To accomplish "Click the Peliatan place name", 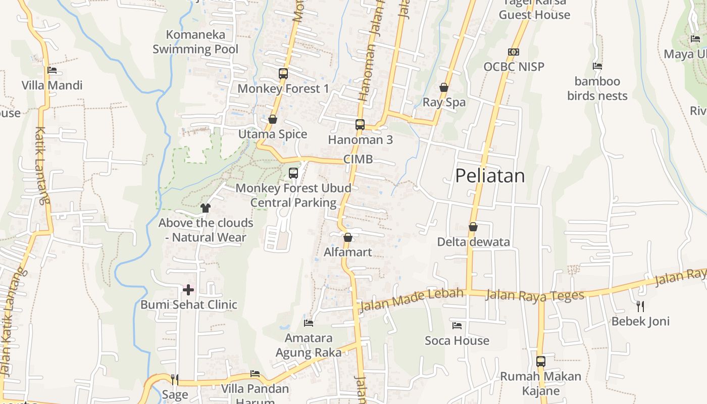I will click(x=490, y=176).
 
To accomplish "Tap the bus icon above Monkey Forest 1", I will click(x=283, y=74).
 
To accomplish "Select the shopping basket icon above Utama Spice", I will click(x=273, y=119).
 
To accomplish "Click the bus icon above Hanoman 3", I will click(x=360, y=125).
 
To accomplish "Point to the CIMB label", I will click(x=358, y=160).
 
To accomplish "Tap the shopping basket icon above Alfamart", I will click(x=348, y=237).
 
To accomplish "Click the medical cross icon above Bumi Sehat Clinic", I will click(x=188, y=290).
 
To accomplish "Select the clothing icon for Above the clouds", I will click(x=205, y=208).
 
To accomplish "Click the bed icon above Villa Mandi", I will click(x=52, y=71).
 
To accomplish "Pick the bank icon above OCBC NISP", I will click(x=514, y=52).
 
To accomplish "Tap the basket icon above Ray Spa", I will click(x=444, y=88).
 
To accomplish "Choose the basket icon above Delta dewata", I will click(x=473, y=227).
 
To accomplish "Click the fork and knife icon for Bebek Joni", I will click(x=640, y=306).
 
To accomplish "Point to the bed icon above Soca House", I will click(x=457, y=326).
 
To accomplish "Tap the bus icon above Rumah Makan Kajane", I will click(x=541, y=362).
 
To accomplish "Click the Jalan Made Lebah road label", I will click(x=410, y=300).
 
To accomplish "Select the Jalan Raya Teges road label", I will click(x=535, y=295).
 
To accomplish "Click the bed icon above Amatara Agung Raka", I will click(x=309, y=323).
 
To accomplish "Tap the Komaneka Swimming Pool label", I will click(x=195, y=42).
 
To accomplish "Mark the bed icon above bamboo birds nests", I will click(x=597, y=66).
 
